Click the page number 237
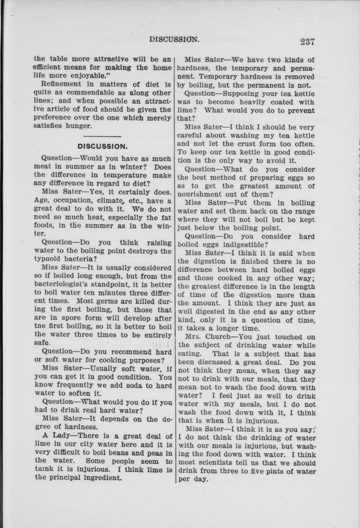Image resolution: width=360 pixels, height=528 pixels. [x=307, y=42]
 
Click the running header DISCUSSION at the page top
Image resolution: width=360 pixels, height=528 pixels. [x=174, y=39]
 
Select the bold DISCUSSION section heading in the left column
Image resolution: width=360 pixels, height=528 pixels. [x=103, y=147]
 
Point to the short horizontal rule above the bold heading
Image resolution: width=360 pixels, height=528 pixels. [x=102, y=136]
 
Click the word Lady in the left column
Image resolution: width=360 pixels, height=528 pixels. [x=62, y=435]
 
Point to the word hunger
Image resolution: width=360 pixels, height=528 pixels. [x=79, y=126]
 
